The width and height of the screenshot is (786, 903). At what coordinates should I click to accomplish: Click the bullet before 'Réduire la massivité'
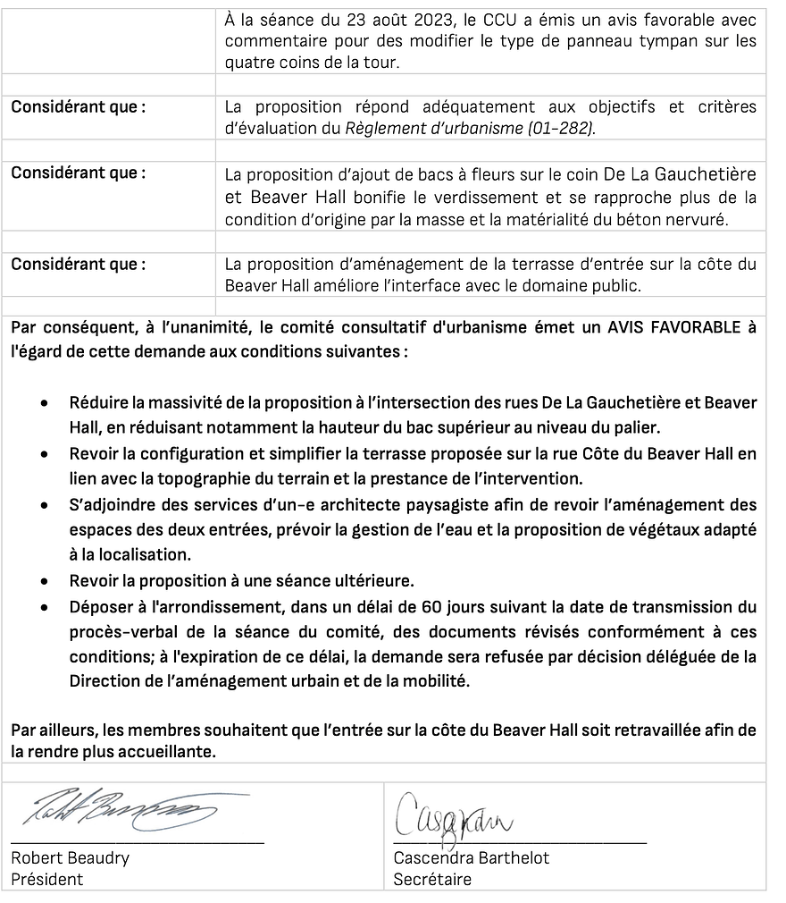click(45, 403)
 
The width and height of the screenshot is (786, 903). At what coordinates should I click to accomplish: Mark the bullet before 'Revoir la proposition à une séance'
click(45, 580)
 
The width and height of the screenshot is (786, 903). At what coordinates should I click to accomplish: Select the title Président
click(46, 879)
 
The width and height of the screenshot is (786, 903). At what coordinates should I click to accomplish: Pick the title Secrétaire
click(432, 879)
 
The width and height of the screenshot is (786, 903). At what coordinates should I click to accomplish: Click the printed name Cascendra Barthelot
click(471, 858)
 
